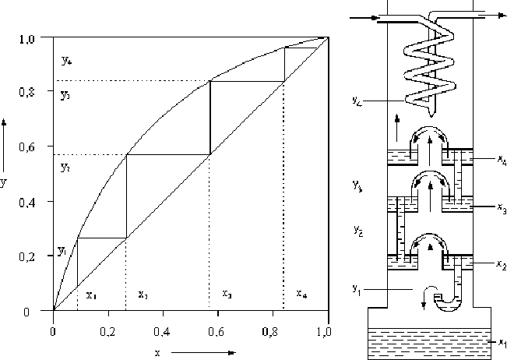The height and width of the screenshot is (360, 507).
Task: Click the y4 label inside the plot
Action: [x=65, y=59]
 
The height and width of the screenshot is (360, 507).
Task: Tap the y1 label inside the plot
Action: [x=62, y=251]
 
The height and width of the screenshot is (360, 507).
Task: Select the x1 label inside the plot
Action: [x=90, y=295]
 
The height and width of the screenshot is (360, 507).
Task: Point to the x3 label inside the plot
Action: [x=227, y=295]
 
